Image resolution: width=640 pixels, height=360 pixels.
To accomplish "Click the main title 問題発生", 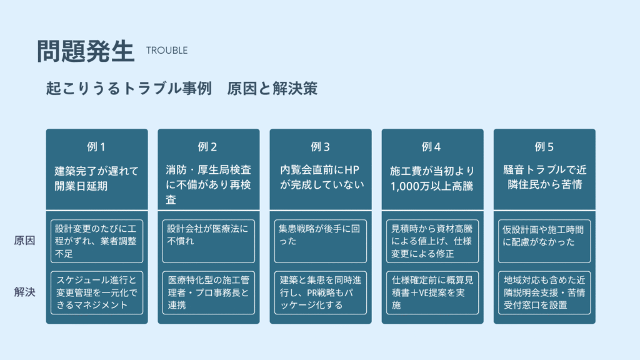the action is [x=86, y=51].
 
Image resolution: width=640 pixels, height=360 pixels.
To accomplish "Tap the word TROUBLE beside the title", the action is [x=167, y=51].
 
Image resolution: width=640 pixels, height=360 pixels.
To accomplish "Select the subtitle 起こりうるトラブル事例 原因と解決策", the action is [x=182, y=89].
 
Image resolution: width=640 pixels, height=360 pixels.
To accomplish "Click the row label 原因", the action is [x=24, y=241].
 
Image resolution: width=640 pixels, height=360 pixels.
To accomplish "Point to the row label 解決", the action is [x=24, y=292].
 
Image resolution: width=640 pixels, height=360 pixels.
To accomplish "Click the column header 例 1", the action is [x=96, y=147].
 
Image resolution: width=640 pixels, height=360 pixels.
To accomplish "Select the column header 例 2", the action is [x=207, y=147].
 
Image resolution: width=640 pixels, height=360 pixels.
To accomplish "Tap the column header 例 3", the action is [x=321, y=147].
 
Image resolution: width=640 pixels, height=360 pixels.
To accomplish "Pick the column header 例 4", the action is [x=431, y=147].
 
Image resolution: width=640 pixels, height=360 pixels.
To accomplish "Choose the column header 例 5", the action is [x=544, y=147].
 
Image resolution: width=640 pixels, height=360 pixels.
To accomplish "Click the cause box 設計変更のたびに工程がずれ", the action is [x=97, y=241].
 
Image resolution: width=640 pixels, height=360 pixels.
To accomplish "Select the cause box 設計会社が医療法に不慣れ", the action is [x=209, y=241].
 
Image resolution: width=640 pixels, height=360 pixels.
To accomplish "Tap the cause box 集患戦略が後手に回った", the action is [x=321, y=241].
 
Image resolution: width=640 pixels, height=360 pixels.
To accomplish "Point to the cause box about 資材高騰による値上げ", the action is [x=432, y=241].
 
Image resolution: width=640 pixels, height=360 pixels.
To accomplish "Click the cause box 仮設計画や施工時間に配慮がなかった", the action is [x=544, y=241].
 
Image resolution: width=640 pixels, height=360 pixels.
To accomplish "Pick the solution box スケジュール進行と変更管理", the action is [x=97, y=292].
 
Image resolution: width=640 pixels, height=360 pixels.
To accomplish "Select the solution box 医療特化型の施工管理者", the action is [x=209, y=292].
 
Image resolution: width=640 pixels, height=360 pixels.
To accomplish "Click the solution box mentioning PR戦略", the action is [x=321, y=292].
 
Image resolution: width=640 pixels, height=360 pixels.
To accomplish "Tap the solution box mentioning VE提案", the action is [x=432, y=292].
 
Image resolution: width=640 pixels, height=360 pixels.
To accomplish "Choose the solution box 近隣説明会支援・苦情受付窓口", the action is [x=544, y=292].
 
